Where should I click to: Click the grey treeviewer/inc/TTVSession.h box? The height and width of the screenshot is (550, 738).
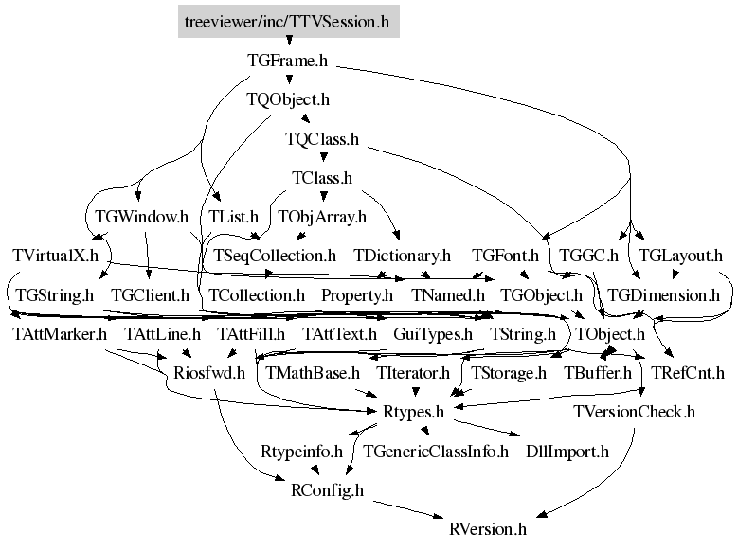[x=289, y=21]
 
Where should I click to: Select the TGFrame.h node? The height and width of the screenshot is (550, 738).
[x=288, y=61]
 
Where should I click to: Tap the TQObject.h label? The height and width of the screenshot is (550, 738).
[x=288, y=99]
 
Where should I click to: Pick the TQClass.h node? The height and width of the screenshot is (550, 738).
[x=322, y=139]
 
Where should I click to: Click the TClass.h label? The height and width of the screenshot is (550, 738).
[x=322, y=178]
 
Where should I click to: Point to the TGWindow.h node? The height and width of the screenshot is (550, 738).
[x=142, y=217]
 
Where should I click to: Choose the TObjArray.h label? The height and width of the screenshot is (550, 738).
[x=322, y=217]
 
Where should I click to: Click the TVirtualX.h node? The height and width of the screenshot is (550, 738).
[x=56, y=256]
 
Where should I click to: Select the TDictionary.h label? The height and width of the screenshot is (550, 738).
[x=403, y=256]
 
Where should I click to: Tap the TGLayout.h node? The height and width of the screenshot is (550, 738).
[x=680, y=256]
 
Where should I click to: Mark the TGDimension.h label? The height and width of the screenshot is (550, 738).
[x=664, y=295]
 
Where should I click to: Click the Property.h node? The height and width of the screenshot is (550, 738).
[x=357, y=295]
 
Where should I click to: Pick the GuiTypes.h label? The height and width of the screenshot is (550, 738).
[x=433, y=334]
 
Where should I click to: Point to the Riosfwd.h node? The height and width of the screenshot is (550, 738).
[x=209, y=373]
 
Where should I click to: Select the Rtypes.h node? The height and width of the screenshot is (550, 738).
[x=414, y=412]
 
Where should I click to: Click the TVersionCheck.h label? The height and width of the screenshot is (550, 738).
[x=635, y=412]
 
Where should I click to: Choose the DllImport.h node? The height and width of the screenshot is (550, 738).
[x=567, y=452]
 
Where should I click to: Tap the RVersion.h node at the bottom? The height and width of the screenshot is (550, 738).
[x=488, y=529]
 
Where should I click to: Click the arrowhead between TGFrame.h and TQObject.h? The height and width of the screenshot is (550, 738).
[x=289, y=80]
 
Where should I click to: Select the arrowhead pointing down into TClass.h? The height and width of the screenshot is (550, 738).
[x=323, y=157]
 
